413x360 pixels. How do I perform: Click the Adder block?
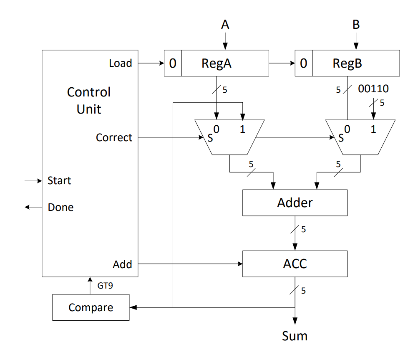click(295, 203)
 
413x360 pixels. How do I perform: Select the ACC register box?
click(295, 264)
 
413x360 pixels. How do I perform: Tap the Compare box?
click(91, 308)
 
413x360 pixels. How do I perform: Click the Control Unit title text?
click(89, 101)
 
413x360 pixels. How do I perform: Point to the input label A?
click(225, 25)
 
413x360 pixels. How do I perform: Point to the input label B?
click(356, 25)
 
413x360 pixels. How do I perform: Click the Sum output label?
click(295, 336)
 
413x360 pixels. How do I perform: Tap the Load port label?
click(120, 63)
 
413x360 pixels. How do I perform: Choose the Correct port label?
click(114, 137)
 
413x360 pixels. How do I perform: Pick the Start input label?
click(59, 181)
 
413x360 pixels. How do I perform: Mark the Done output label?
click(60, 208)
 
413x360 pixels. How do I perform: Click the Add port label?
click(122, 264)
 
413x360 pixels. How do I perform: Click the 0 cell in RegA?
click(173, 63)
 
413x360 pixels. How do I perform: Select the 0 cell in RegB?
click(304, 63)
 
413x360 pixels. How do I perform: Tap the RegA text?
click(216, 63)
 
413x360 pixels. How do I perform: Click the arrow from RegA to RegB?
click(282, 63)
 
